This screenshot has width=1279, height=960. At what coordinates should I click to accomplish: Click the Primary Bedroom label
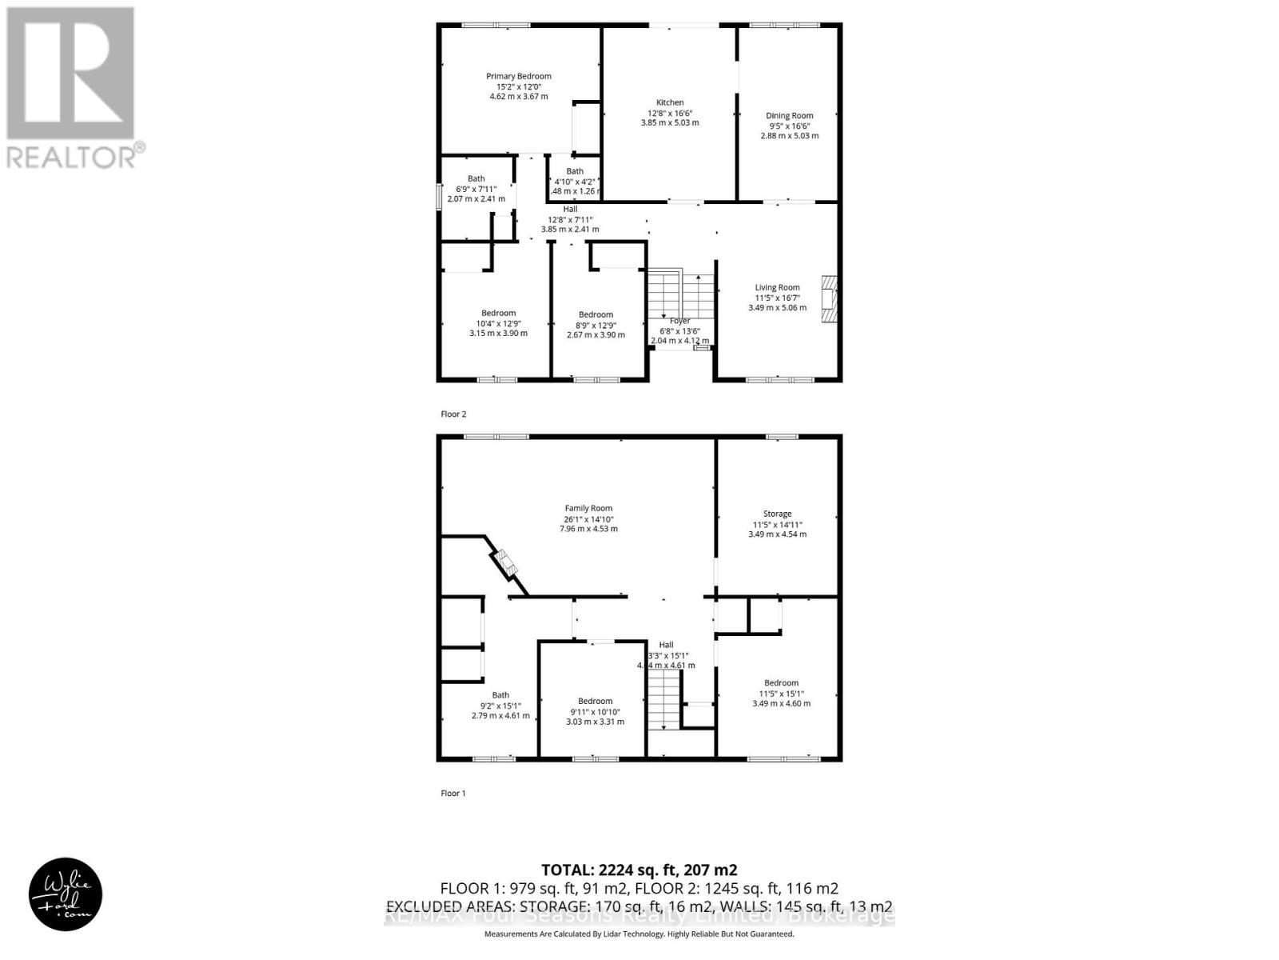519,77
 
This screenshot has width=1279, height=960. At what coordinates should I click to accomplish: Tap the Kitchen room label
670,102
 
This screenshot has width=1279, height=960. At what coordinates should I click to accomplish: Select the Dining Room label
789,116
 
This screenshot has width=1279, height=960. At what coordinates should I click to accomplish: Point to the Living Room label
777,287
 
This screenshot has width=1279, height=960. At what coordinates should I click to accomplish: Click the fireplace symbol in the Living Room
828,300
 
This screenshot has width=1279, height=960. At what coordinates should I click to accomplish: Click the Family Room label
588,508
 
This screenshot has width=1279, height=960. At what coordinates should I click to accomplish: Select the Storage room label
777,514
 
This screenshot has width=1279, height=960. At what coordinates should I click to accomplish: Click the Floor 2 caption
453,414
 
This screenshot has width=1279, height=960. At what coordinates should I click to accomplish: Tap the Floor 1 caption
453,794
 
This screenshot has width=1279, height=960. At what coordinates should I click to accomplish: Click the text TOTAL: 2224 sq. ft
639,870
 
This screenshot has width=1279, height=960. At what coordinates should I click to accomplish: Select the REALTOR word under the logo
72,157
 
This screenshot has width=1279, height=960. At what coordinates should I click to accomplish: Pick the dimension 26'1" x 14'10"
588,518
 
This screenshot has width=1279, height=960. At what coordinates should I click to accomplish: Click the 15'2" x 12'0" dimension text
519,86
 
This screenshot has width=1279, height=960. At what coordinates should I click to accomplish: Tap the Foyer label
679,321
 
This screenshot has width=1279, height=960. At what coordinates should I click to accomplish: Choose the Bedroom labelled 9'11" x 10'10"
596,701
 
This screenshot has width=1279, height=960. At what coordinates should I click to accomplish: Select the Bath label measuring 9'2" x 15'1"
500,695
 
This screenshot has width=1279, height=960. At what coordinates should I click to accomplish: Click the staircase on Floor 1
663,700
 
